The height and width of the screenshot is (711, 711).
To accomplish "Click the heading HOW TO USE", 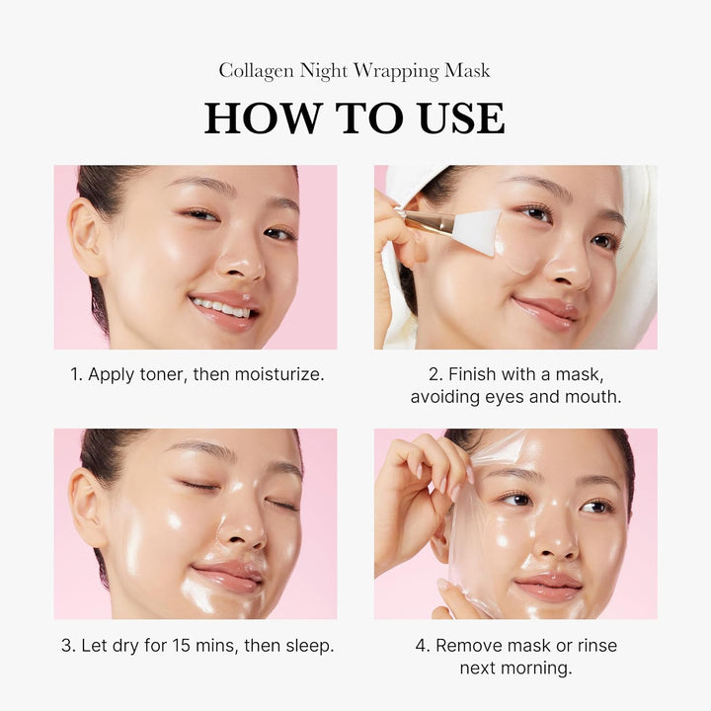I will tap(355, 118).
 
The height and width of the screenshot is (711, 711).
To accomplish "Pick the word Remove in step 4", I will tap(468, 646).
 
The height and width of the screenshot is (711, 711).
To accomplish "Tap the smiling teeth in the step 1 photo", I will tap(222, 308).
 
